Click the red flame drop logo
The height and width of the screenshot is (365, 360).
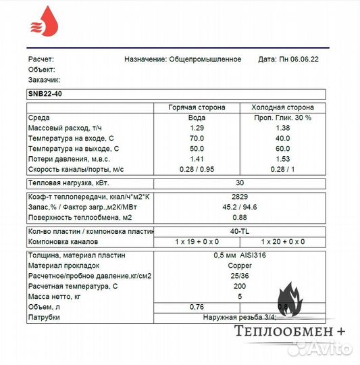pos(45,23)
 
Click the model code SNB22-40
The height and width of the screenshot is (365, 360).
pos(45,94)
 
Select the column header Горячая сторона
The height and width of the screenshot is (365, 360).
pos(197,107)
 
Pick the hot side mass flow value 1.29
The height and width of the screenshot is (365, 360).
pos(197,128)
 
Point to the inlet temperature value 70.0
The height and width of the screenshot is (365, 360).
pos(197,138)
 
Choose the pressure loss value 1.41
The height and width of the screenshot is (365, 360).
pos(197,157)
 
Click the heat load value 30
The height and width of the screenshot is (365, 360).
pos(239,182)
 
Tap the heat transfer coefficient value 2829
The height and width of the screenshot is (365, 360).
pos(239,197)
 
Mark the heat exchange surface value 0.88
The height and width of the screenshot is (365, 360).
pos(239,217)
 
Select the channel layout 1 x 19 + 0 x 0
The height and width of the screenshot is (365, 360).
pos(197,241)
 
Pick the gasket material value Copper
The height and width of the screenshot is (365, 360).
pos(239,266)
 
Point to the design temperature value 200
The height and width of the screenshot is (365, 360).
pos(239,286)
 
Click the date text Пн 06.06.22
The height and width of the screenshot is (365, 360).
pos(299,59)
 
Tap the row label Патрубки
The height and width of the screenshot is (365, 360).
pos(44,316)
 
